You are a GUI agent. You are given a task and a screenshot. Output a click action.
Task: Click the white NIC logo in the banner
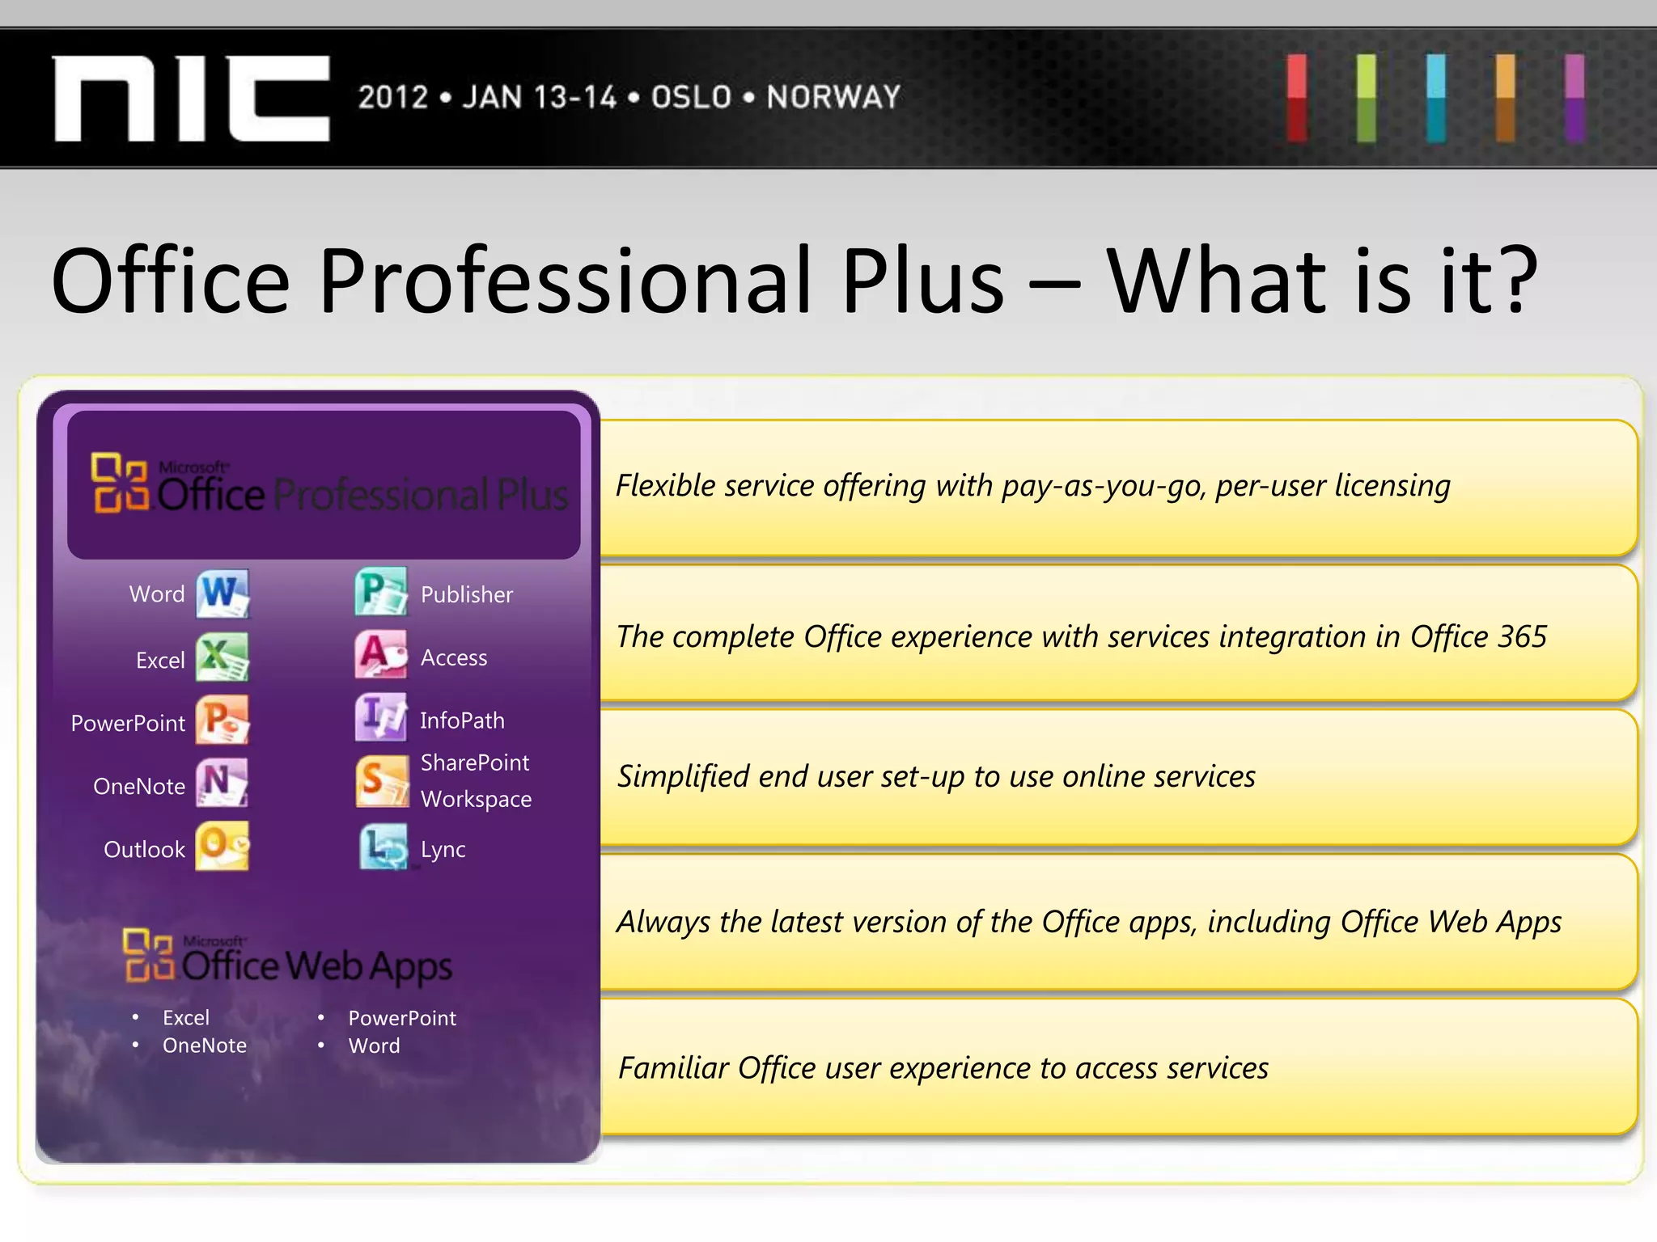(192, 99)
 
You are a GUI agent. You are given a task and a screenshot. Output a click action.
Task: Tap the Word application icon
(222, 594)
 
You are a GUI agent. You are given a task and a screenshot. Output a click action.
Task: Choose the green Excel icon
(222, 657)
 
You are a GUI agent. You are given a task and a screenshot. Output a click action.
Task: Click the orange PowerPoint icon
(222, 720)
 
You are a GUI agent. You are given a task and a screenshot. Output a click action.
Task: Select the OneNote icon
(222, 783)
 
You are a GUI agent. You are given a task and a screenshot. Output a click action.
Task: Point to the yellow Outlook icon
(222, 846)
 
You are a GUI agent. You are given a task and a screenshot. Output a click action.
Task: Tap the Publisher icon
(381, 592)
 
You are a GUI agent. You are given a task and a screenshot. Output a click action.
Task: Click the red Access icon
(381, 655)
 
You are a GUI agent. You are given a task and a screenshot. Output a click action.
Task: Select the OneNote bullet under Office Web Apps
(204, 1046)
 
